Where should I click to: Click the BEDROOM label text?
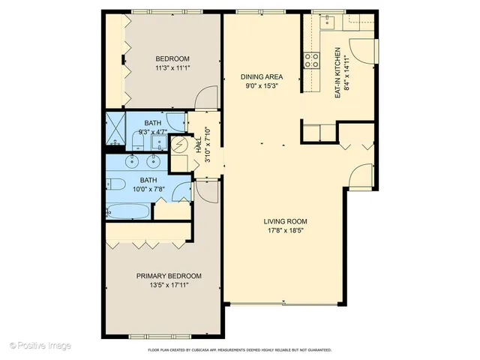[x=172, y=59]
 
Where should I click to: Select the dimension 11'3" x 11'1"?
[x=172, y=69]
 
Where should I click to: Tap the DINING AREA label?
[x=261, y=76]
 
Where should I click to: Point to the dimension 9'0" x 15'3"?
[x=261, y=86]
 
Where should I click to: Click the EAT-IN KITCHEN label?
[x=338, y=73]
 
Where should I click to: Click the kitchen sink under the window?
[x=328, y=22]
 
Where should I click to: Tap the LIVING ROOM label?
[x=286, y=221]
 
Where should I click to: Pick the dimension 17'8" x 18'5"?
[x=286, y=231]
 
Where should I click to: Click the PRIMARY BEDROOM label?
[x=169, y=276]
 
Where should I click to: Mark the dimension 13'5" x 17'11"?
[x=169, y=286]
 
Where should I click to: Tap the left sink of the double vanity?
[x=133, y=160]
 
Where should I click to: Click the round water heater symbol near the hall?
[x=180, y=146]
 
